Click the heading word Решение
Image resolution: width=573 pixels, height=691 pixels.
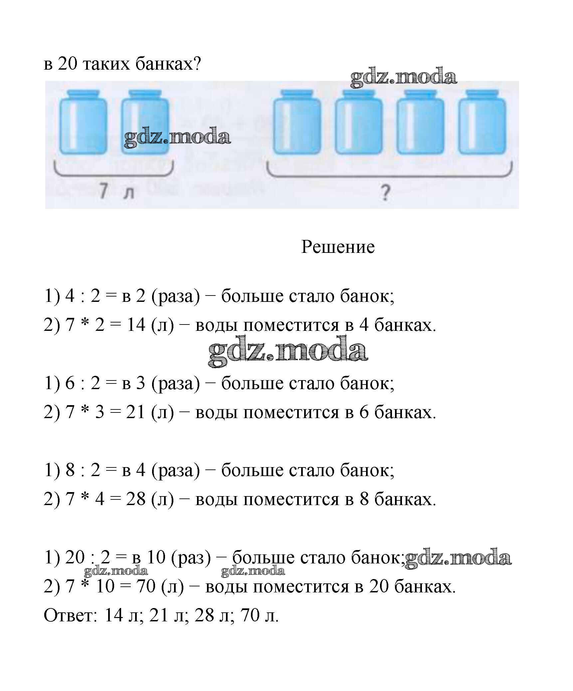point(338,248)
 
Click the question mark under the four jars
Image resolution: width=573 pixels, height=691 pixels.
point(385,193)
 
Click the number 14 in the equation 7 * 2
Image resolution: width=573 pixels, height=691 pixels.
point(136,325)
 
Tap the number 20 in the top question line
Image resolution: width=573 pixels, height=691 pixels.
point(68,64)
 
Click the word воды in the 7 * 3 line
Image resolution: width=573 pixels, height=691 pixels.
point(216,412)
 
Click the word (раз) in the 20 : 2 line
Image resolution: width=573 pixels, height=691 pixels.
point(191,557)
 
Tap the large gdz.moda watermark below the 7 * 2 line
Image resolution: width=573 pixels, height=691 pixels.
point(288,351)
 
